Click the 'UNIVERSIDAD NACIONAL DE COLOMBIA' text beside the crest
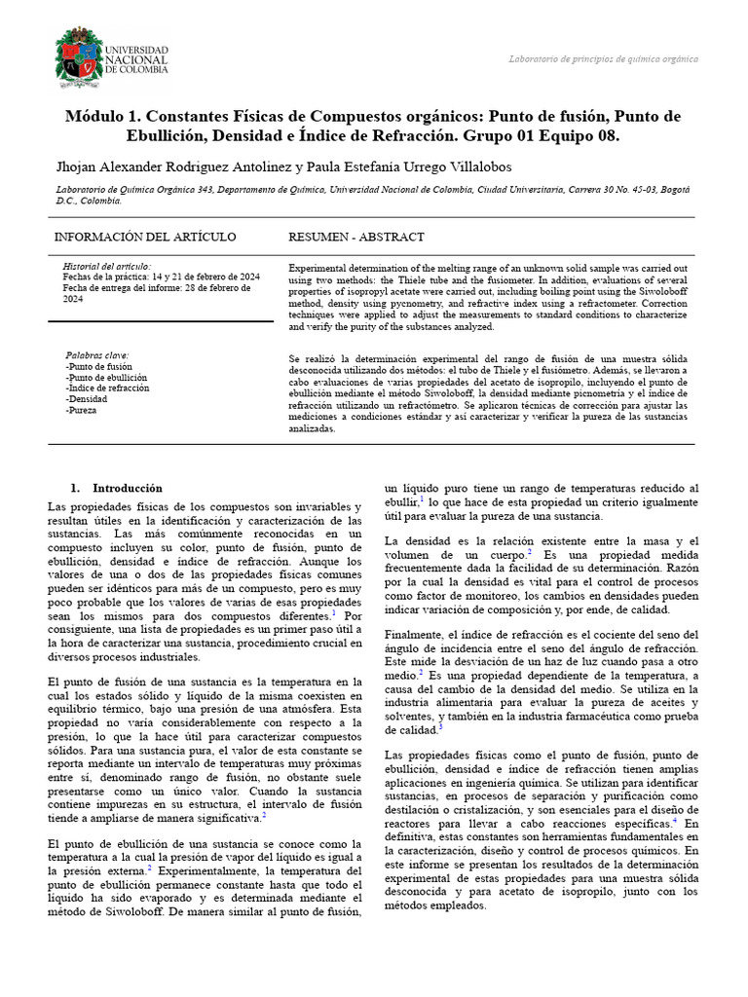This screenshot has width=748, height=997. coord(136,59)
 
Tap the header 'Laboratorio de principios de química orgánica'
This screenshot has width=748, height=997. coord(603,59)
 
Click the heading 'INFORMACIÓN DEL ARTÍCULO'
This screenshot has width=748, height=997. coord(145,237)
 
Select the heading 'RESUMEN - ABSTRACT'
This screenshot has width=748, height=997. coord(356,237)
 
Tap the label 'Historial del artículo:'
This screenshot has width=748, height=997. coord(106,266)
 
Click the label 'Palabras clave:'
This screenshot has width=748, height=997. coord(96,355)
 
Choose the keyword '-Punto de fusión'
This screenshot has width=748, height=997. coord(98,366)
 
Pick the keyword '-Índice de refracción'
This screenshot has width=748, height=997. coord(107,388)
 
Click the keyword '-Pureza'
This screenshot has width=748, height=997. coord(82,410)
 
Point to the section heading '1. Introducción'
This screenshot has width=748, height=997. coord(117,488)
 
